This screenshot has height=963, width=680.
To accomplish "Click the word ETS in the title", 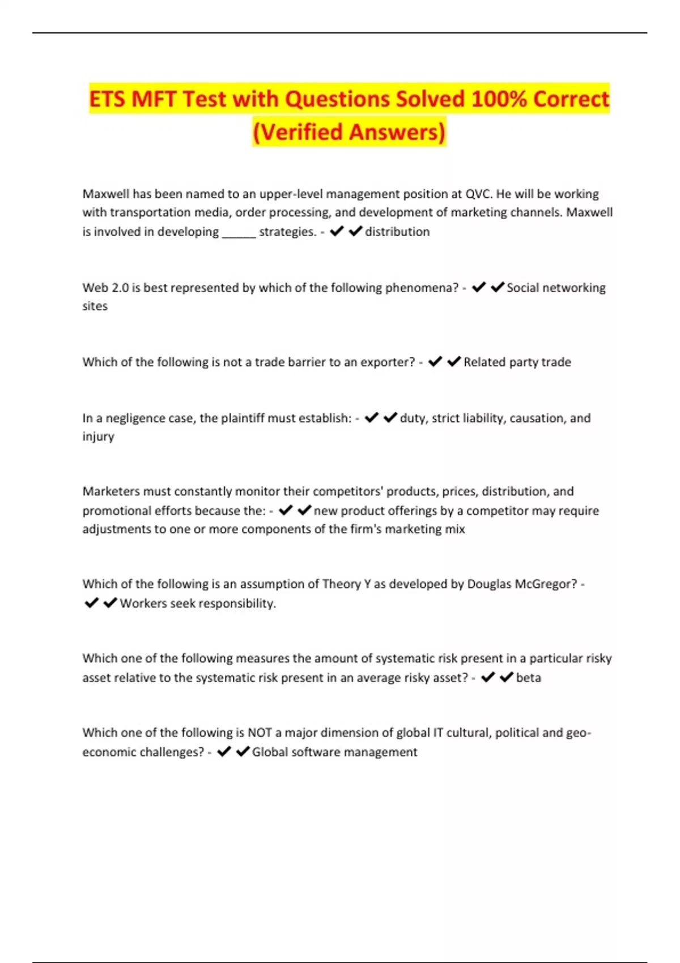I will click(x=108, y=99).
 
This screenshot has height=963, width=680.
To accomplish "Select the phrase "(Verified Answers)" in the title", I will click(x=349, y=132).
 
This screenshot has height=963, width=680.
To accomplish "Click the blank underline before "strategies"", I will click(x=239, y=232).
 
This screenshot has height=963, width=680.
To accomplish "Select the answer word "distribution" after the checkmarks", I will click(x=397, y=232).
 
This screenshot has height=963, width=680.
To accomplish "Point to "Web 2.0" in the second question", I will click(x=105, y=288).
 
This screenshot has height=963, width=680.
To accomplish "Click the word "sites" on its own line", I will click(x=95, y=306).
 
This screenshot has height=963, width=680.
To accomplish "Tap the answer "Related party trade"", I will click(x=517, y=362).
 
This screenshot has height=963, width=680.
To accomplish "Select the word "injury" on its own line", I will click(x=98, y=437).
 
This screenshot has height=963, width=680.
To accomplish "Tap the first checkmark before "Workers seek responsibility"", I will click(x=91, y=603).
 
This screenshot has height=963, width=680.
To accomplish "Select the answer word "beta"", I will click(x=528, y=678).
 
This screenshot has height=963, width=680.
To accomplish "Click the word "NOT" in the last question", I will click(x=260, y=733).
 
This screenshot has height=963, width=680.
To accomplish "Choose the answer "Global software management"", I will click(x=334, y=752).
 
